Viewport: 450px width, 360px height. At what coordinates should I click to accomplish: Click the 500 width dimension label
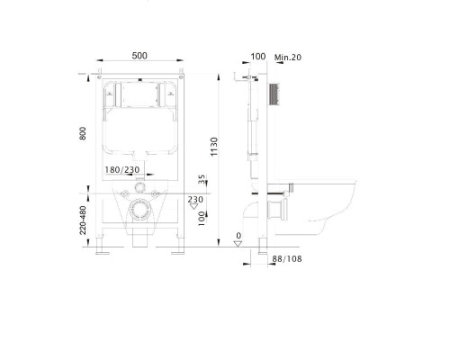coord(139,56)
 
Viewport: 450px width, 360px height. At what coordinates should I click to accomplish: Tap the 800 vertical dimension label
coord(83,133)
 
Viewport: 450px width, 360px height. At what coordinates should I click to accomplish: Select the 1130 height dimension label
coord(214,147)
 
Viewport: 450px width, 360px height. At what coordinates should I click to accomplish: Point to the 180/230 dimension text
coord(122,170)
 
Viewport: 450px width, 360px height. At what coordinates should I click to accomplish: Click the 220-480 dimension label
coord(83,220)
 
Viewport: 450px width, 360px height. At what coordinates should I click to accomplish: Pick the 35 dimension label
coord(202,179)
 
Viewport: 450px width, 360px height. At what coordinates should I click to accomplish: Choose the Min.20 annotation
coord(288,57)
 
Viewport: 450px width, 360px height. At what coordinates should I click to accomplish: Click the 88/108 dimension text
coord(287,258)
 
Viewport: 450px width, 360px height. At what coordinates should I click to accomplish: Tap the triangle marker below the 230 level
coord(194,206)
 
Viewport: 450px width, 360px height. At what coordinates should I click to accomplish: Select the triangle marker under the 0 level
coord(238,243)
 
